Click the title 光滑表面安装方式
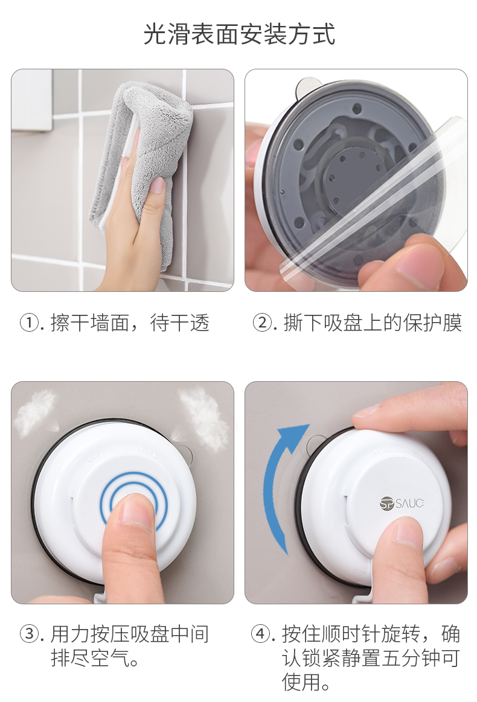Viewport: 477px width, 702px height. tap(239, 34)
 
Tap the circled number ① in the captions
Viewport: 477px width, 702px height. tap(29, 323)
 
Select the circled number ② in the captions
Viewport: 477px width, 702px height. tap(262, 323)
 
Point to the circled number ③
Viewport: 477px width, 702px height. tap(29, 634)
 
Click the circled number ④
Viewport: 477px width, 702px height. tap(260, 634)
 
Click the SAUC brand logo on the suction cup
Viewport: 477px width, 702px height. tap(402, 503)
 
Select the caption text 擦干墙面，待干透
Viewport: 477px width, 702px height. tap(130, 323)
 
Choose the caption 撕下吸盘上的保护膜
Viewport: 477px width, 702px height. tap(373, 323)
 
